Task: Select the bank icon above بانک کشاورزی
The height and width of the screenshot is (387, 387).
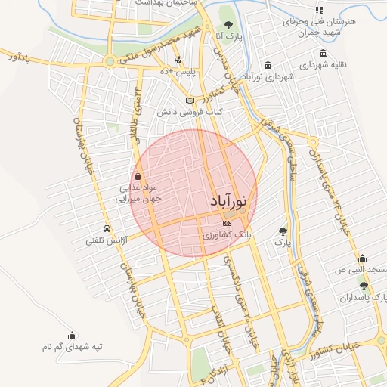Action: [x=227, y=224]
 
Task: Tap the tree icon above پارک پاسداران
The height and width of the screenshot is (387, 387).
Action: [x=364, y=286]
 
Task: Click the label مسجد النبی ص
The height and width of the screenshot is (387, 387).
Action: [x=360, y=270]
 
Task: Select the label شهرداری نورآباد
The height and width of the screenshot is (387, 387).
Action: [x=268, y=77]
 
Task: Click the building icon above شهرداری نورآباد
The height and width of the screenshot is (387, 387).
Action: [x=268, y=64]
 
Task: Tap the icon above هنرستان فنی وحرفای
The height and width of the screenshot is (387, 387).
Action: [x=319, y=10]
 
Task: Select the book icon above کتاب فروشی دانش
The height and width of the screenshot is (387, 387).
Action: [x=190, y=101]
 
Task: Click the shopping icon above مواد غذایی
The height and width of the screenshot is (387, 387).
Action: [x=136, y=175]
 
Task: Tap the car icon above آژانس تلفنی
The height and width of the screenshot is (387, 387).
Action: [x=106, y=228]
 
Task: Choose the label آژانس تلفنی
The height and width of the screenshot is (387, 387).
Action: [x=105, y=240]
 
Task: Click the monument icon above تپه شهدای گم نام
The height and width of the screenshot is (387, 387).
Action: [x=72, y=335]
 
